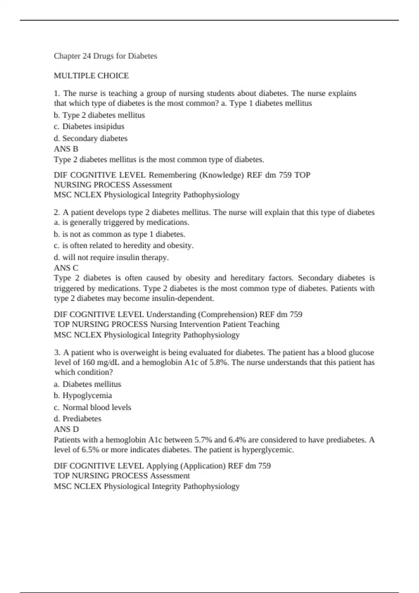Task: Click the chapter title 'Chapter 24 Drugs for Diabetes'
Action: tap(105, 56)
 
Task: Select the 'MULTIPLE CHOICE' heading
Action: tap(91, 76)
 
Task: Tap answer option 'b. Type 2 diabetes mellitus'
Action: tap(99, 115)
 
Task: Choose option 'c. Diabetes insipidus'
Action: tap(89, 126)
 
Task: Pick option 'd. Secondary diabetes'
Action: tap(90, 138)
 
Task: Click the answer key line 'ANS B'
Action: tap(66, 149)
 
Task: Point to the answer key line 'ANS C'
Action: tap(66, 268)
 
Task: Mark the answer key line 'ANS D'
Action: tap(66, 429)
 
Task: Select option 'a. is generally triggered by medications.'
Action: tap(122, 222)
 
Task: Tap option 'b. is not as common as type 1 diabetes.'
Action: tap(119, 234)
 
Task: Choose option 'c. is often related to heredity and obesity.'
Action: tap(124, 246)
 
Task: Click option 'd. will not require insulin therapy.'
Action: tap(111, 257)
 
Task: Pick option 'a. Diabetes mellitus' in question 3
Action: tap(87, 384)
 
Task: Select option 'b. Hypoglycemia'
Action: tap(83, 396)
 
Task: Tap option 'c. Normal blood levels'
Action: tap(93, 407)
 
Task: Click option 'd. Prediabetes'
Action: tap(78, 419)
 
